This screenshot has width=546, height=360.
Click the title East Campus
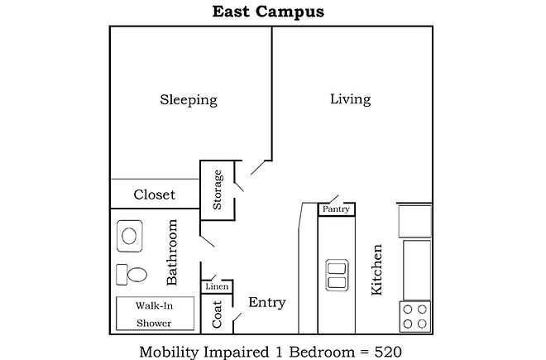[268, 12]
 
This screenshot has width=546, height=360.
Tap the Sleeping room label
[189, 100]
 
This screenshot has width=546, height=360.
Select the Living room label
[350, 99]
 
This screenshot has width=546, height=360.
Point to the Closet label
[154, 194]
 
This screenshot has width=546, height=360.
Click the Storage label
[218, 190]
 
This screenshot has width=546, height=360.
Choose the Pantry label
[336, 209]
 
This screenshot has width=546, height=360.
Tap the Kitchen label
[376, 270]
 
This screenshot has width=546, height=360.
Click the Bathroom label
[172, 252]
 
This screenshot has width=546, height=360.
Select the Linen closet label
[217, 286]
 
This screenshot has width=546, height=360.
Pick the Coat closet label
[217, 314]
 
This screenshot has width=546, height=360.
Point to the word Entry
[267, 303]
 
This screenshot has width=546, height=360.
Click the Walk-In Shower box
[155, 314]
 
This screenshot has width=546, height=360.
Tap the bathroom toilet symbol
[132, 275]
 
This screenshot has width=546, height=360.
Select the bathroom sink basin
[130, 236]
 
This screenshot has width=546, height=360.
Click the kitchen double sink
[337, 276]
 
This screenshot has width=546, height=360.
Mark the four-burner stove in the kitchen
[414, 317]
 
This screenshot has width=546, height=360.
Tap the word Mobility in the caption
[170, 353]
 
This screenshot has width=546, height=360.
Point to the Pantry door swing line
[333, 199]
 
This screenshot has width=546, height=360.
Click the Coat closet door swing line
[237, 318]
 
